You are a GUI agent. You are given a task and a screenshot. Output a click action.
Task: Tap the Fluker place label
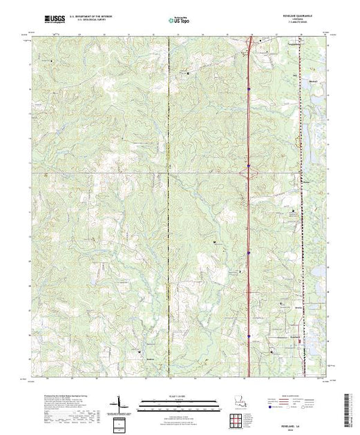298,181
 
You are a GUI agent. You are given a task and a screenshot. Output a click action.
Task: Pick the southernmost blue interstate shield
248,336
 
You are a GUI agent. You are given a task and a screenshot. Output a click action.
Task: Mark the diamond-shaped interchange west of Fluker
249,171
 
